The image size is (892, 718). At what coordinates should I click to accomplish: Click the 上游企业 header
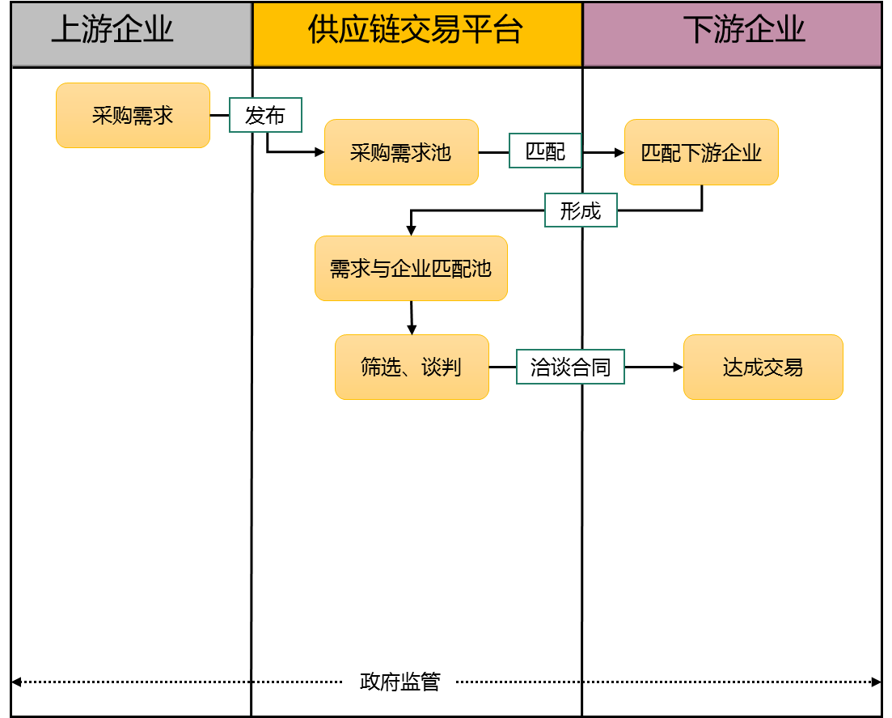(131, 33)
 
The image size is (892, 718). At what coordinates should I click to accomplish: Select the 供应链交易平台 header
(416, 33)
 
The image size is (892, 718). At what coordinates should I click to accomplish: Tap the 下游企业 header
(732, 33)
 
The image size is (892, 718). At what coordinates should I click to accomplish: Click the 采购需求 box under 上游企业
(133, 116)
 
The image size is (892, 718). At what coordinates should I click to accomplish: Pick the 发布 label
(265, 116)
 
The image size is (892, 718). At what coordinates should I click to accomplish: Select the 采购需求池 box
(401, 152)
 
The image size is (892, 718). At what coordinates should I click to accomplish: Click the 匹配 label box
(545, 151)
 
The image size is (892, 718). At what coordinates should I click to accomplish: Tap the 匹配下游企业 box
(701, 152)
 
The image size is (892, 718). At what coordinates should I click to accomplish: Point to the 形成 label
(581, 210)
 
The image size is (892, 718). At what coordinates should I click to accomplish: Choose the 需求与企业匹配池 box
(411, 269)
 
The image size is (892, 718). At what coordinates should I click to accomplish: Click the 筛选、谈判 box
(412, 367)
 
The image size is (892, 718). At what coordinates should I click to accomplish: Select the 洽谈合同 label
(570, 367)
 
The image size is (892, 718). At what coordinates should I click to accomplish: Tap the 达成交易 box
(763, 367)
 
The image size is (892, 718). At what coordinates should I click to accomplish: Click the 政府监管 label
(399, 682)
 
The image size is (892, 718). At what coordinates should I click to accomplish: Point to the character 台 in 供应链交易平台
(508, 30)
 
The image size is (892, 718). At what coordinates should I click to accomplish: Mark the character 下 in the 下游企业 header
(699, 30)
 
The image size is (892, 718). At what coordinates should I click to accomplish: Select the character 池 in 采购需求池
(441, 152)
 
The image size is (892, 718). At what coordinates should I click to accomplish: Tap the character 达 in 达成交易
(733, 367)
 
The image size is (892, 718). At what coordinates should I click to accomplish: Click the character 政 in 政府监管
(370, 682)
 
